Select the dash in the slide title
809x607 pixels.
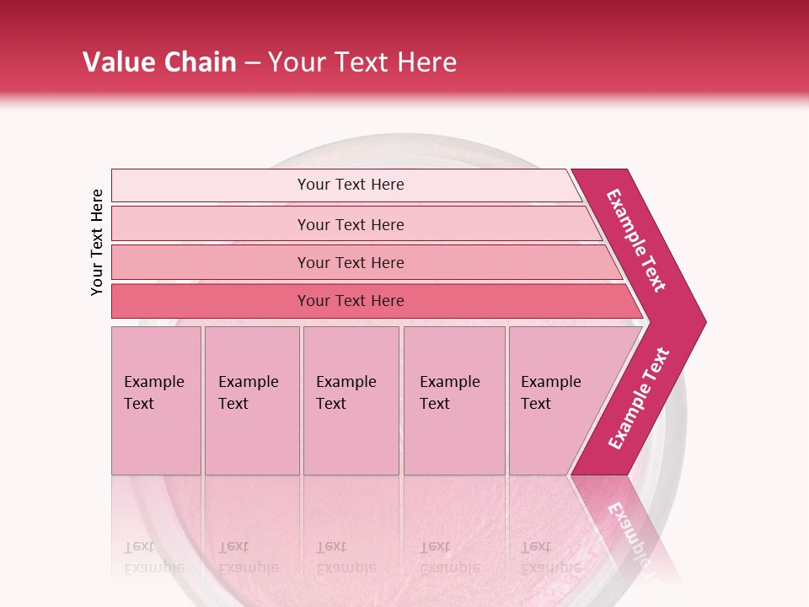252,63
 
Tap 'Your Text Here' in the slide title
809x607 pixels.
362,62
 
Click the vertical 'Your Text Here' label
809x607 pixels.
97,242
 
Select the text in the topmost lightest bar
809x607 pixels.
351,185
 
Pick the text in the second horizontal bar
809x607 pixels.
351,225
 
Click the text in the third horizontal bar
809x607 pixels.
351,263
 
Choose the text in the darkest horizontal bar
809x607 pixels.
351,301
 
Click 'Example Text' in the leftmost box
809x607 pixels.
153,393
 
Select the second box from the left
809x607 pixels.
251,400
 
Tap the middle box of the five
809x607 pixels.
351,400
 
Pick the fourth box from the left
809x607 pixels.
453,400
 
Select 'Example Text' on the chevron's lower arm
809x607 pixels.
639,399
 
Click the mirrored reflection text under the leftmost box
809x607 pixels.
153,557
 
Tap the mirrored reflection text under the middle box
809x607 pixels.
346,557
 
